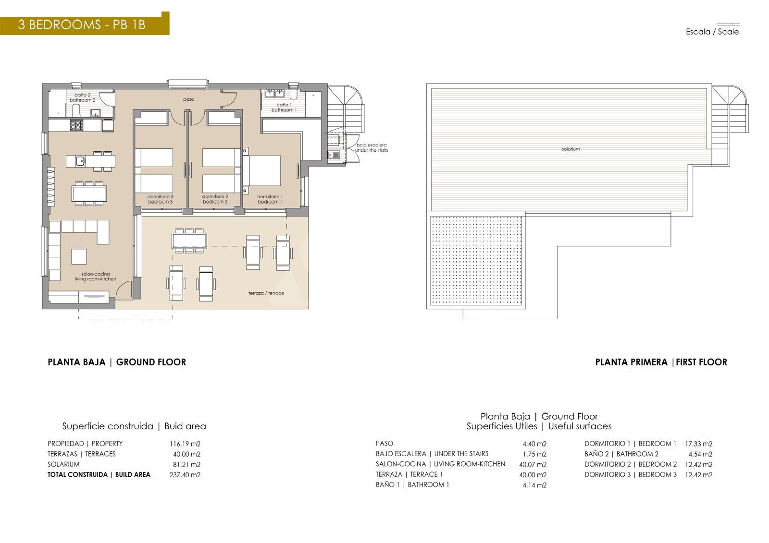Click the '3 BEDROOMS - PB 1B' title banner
point(85,24)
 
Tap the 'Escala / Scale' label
point(712,32)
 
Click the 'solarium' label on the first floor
point(571,149)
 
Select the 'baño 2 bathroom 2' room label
point(82,98)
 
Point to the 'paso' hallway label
point(188,99)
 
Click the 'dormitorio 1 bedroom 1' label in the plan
point(270,199)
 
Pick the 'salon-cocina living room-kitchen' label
point(96,277)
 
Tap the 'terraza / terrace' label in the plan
point(266,293)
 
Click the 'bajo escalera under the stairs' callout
point(372,147)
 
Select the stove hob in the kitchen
point(76,125)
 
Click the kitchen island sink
point(80,160)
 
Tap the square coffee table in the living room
point(79,256)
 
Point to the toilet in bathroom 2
point(76,110)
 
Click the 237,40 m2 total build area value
point(185,475)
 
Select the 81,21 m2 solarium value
point(186,464)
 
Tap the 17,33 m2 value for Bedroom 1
point(699,444)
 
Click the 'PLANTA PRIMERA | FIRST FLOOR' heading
point(661,362)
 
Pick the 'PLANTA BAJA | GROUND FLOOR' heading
point(117,362)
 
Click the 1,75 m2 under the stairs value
point(534,454)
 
